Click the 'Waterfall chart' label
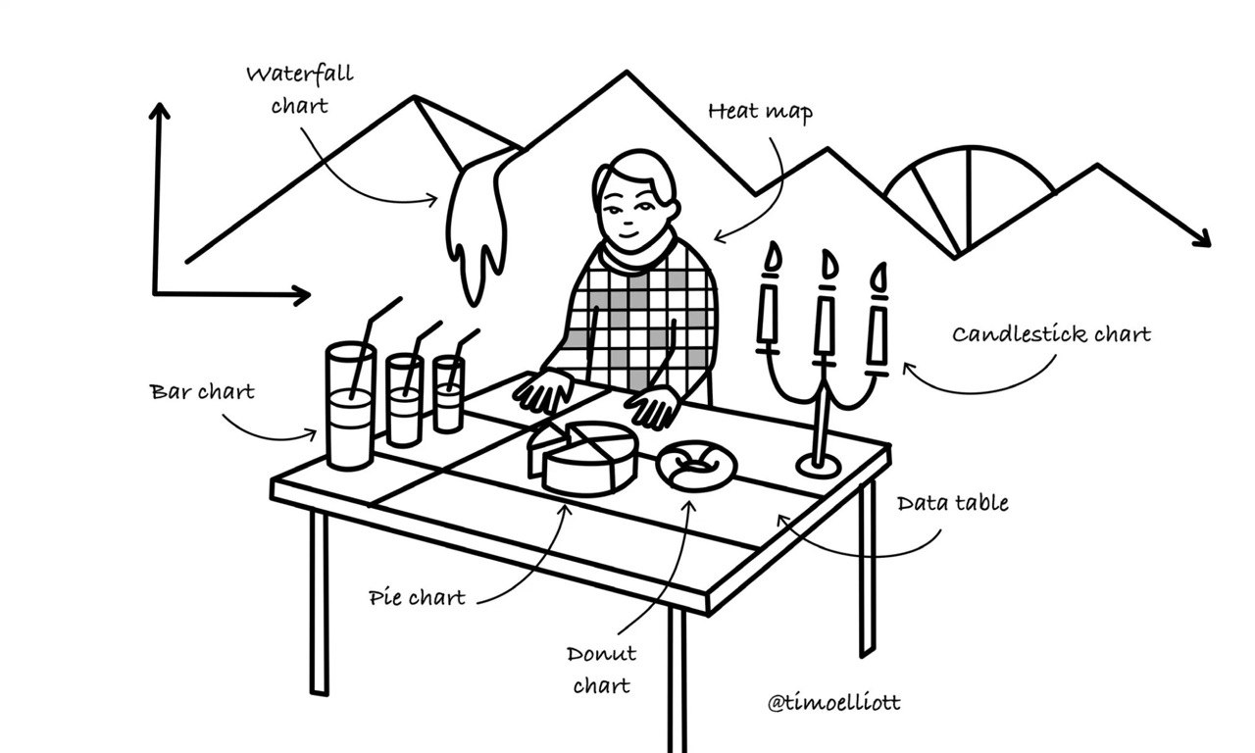click(300, 89)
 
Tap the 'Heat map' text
click(760, 112)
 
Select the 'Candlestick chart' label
click(1052, 334)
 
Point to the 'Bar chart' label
click(202, 391)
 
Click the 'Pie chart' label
click(417, 597)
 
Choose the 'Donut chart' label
click(601, 670)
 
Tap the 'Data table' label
click(952, 503)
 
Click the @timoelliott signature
click(833, 702)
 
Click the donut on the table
click(696, 466)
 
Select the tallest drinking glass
click(350, 406)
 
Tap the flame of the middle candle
click(829, 265)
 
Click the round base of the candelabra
click(819, 466)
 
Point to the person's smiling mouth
click(628, 234)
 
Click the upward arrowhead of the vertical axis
click(159, 111)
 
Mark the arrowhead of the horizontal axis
click(301, 295)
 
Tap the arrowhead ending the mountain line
click(1202, 239)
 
